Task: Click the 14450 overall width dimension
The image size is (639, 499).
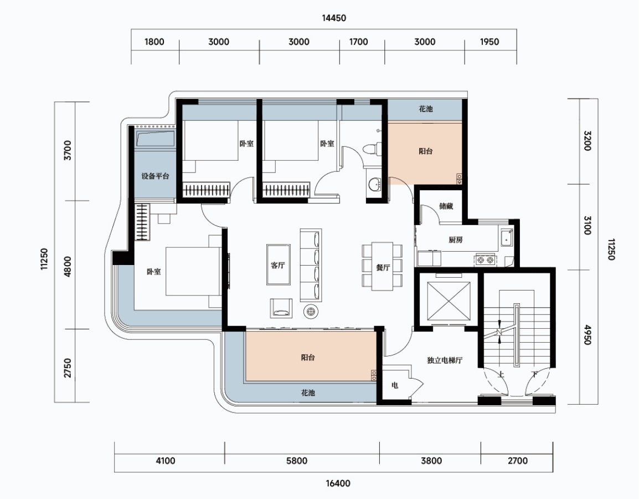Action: click(x=334, y=18)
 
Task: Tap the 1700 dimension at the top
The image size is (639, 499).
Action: click(x=359, y=42)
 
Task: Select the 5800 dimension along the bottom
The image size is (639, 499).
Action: click(x=297, y=461)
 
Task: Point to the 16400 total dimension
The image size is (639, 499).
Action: click(x=338, y=483)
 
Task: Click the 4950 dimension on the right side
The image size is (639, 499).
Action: click(x=588, y=334)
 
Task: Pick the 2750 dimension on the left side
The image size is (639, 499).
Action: click(x=68, y=368)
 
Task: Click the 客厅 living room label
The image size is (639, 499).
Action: click(x=278, y=265)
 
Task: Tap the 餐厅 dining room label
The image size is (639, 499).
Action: click(x=383, y=267)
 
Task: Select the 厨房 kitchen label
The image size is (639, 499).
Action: click(x=456, y=240)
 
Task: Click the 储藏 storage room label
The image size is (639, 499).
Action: click(x=446, y=206)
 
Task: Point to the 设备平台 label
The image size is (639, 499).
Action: click(x=155, y=176)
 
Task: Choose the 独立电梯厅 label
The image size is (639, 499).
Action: click(x=445, y=360)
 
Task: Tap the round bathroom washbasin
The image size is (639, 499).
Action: click(x=374, y=185)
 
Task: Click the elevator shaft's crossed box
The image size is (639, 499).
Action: click(x=449, y=301)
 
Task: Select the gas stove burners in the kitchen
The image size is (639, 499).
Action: click(x=485, y=259)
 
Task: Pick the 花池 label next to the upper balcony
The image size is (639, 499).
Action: click(x=425, y=109)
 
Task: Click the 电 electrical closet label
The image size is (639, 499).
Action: click(x=394, y=385)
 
